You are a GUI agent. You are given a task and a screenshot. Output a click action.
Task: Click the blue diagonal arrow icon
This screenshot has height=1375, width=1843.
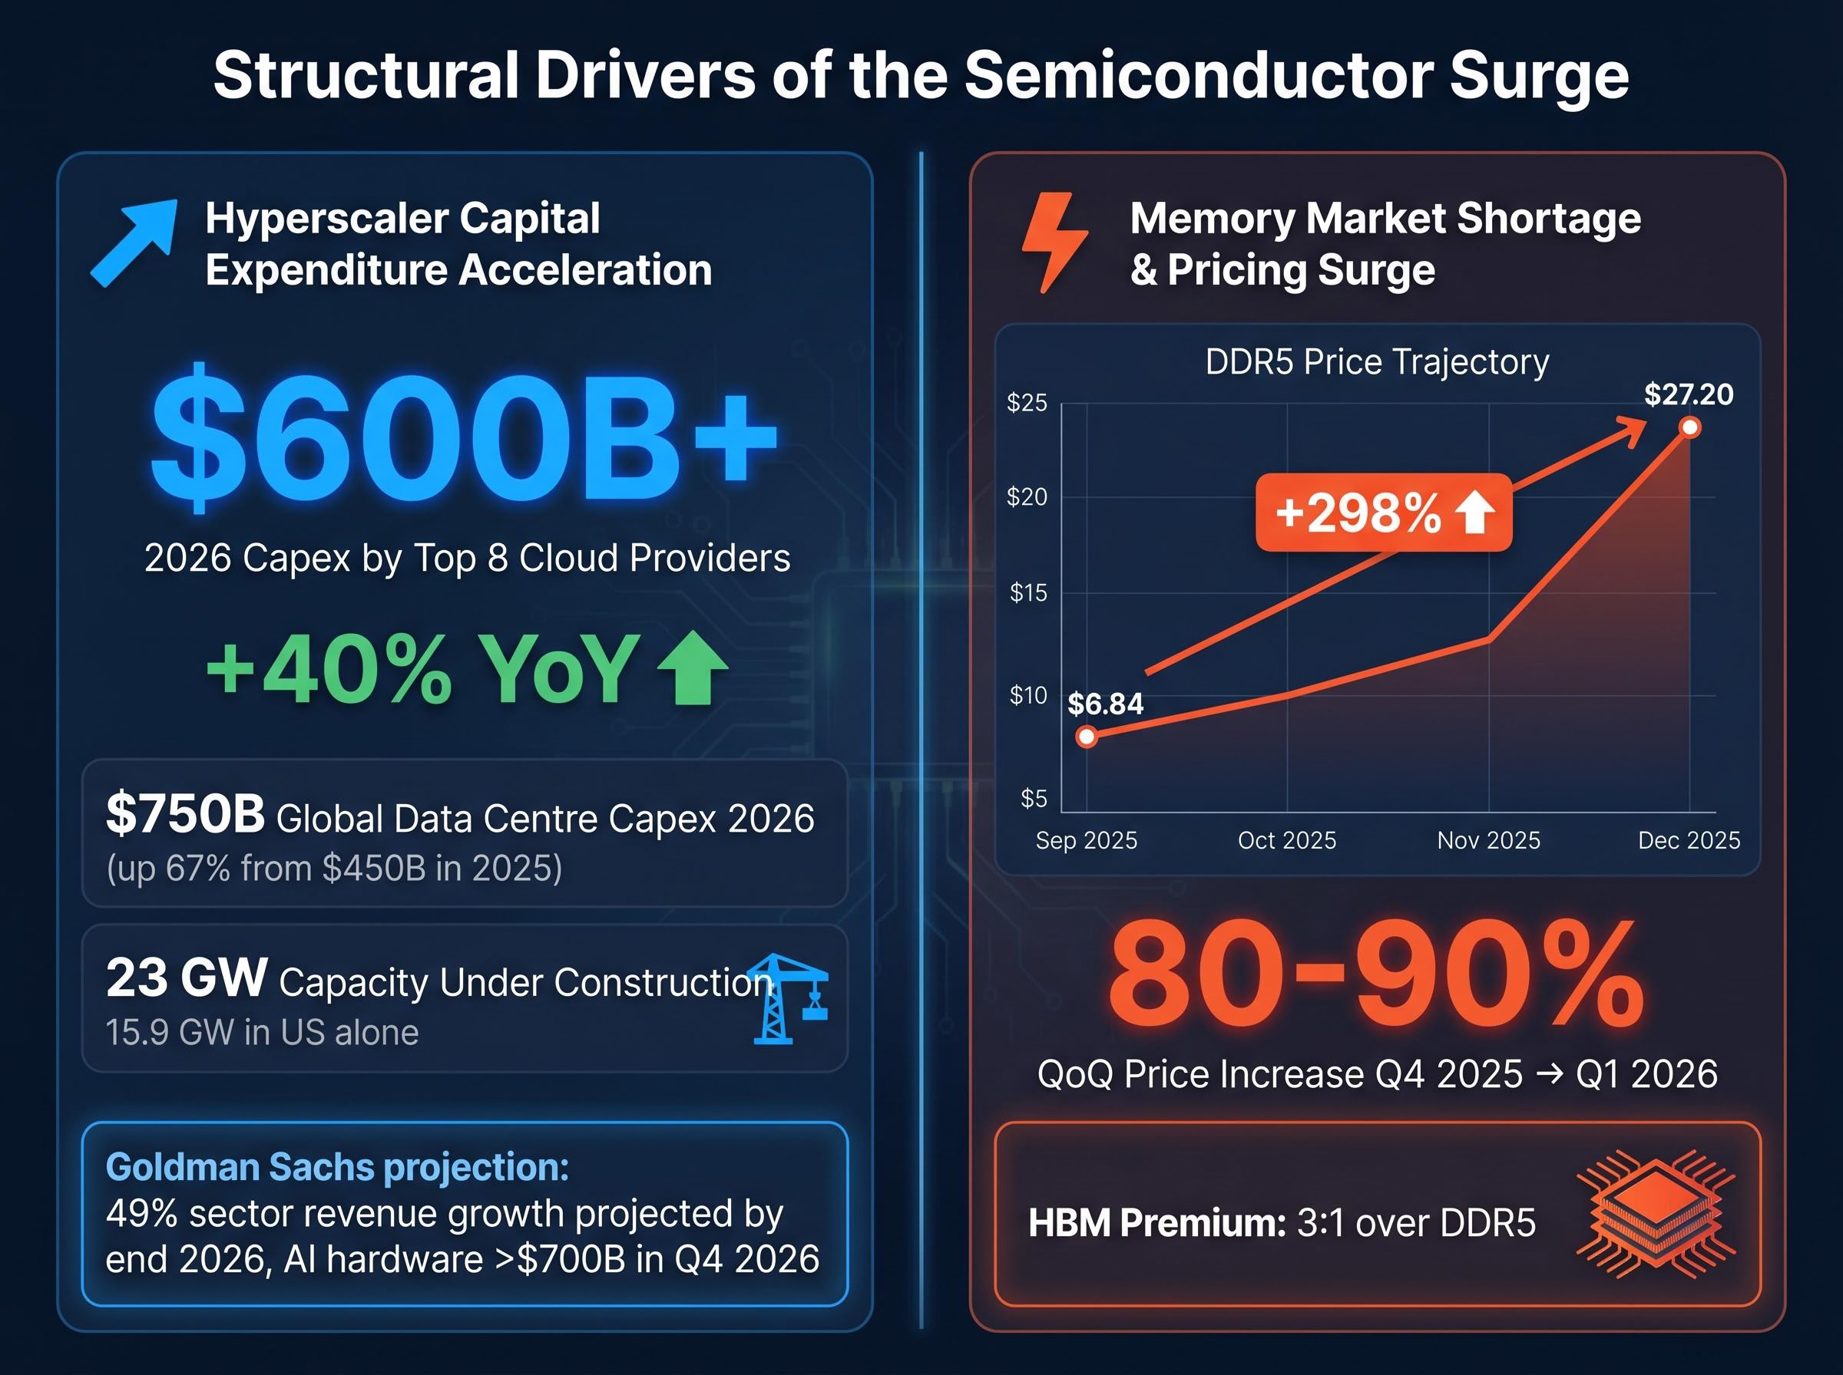[x=135, y=242]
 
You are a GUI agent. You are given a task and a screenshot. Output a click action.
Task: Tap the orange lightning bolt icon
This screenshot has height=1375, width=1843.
[x=1054, y=242]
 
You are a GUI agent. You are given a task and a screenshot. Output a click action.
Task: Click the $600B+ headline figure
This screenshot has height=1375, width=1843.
[x=464, y=438]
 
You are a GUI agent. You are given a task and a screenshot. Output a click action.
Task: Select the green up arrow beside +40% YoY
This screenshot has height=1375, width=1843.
[x=692, y=668]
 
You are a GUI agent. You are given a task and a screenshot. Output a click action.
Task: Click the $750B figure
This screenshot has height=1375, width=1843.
[x=185, y=813]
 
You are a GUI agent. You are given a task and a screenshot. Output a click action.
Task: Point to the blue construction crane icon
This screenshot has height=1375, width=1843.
[x=787, y=999]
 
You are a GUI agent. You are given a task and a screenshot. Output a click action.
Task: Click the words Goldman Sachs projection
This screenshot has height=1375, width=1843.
[x=337, y=1167]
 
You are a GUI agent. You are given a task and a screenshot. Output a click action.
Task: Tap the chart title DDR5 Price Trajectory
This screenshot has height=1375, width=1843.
[x=1377, y=362]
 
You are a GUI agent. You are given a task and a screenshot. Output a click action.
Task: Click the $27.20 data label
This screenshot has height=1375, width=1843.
[x=1688, y=394]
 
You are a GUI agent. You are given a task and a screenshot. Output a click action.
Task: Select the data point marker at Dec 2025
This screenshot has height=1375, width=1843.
[x=1689, y=428]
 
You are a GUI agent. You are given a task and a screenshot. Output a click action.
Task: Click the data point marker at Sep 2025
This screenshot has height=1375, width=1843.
[x=1086, y=737]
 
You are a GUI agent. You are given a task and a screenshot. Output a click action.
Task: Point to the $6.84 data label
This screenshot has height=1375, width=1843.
[x=1105, y=704]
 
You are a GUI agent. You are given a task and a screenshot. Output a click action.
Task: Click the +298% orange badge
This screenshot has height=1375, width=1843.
[x=1383, y=512]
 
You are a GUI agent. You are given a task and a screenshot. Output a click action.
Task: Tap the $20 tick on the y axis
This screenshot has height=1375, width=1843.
[x=1027, y=497]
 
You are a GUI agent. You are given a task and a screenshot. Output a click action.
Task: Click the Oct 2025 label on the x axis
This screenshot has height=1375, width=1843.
[x=1287, y=841]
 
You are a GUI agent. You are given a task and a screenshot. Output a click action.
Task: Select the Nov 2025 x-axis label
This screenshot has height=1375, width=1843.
[x=1488, y=841]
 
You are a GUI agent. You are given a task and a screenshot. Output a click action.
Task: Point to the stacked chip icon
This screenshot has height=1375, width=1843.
[x=1656, y=1215]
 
